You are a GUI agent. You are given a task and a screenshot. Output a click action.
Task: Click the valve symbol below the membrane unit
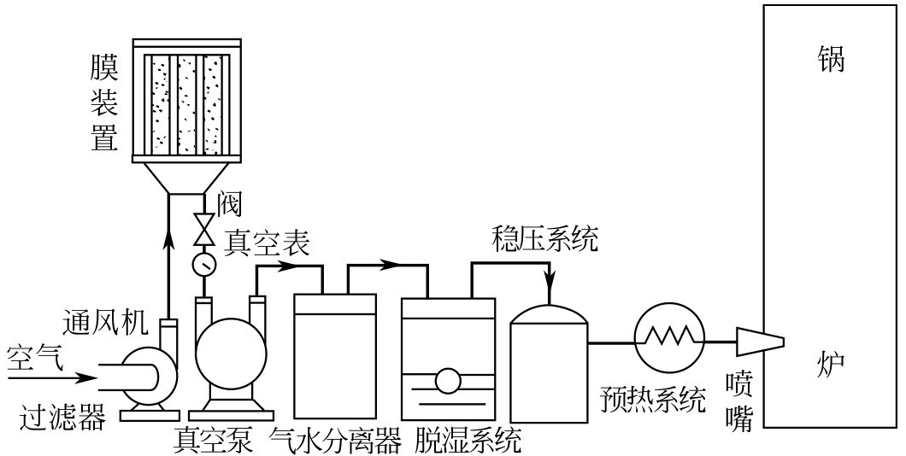point(204,228)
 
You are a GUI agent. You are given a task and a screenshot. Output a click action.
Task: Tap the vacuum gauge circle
point(204,264)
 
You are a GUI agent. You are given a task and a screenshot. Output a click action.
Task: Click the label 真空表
point(266,243)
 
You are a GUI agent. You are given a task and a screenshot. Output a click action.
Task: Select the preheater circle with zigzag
point(669,336)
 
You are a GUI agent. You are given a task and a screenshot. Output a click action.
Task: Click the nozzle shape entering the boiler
point(759,342)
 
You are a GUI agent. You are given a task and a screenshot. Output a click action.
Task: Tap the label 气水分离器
point(335,441)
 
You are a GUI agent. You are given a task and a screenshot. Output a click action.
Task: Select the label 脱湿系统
point(467,441)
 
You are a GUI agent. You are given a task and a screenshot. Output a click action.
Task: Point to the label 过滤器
point(63,418)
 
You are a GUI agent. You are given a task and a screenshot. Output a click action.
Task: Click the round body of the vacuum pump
point(230,350)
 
